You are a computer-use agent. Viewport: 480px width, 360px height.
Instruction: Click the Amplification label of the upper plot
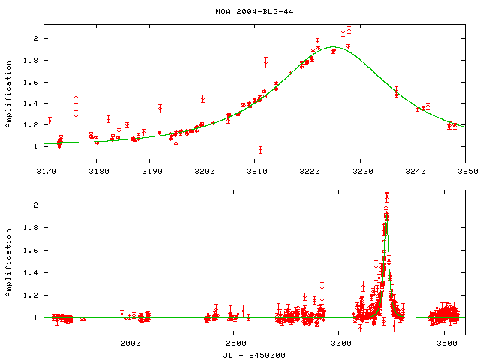pos(9,93)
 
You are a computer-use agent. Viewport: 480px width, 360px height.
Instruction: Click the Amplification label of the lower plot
pos(9,261)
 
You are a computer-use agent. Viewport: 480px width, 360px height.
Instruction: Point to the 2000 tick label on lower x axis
pos(130,343)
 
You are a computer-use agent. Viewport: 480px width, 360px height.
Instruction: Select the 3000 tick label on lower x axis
pos(341,343)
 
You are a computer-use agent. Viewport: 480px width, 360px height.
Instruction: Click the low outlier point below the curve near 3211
pos(260,150)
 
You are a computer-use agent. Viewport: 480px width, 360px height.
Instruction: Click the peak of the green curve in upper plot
pos(334,47)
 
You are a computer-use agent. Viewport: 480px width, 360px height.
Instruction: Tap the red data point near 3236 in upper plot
pos(396,92)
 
